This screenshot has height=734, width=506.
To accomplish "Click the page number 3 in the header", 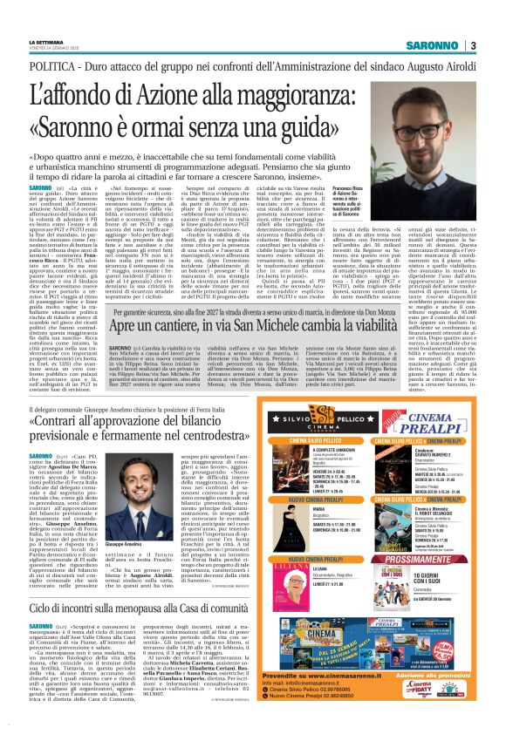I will tap(472, 45).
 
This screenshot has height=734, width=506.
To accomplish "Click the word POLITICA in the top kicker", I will tap(55, 66).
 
